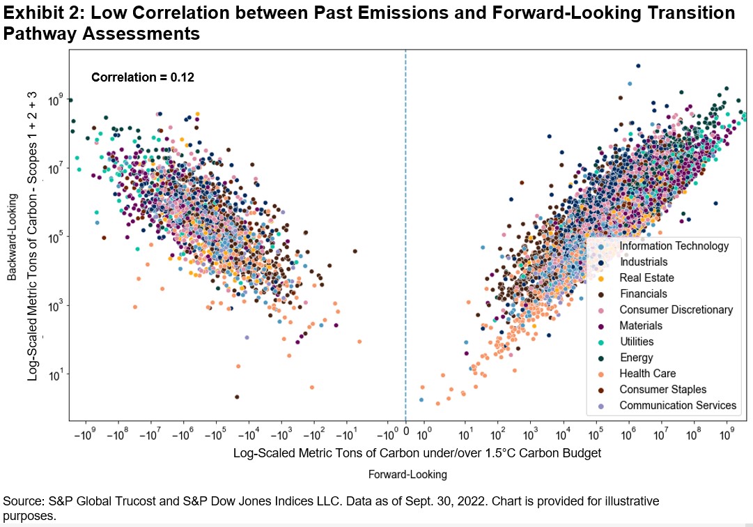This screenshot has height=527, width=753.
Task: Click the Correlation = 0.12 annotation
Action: pyautogui.click(x=143, y=77)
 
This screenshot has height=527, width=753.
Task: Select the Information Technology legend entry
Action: pyautogui.click(x=674, y=246)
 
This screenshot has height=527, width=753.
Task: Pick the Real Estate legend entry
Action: pyautogui.click(x=646, y=278)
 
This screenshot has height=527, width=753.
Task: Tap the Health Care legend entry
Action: pyautogui.click(x=648, y=374)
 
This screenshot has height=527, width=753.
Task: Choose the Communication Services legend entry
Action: pyautogui.click(x=677, y=406)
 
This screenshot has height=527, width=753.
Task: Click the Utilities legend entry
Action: pyautogui.click(x=636, y=342)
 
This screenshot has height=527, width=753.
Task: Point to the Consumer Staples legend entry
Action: pyautogui.click(x=662, y=390)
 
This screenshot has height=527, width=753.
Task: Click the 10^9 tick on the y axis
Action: pyautogui.click(x=54, y=100)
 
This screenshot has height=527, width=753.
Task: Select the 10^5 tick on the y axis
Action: pyautogui.click(x=54, y=238)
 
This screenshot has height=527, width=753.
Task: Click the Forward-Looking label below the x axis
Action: pyautogui.click(x=407, y=475)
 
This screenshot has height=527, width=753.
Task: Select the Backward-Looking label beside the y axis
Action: pyautogui.click(x=13, y=237)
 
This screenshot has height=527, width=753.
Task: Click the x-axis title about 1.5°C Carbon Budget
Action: pyautogui.click(x=417, y=453)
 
